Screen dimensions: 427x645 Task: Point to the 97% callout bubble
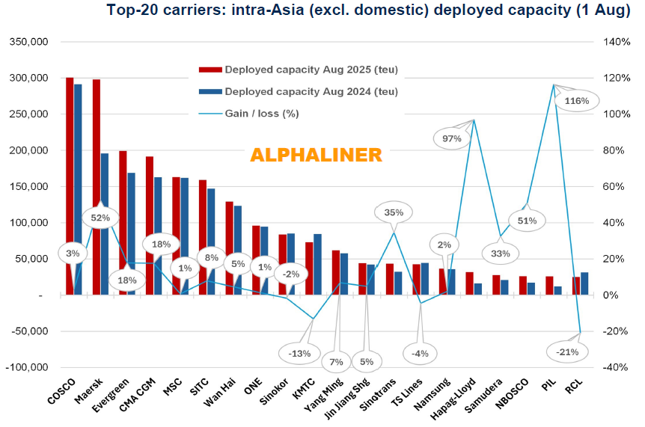click(451, 138)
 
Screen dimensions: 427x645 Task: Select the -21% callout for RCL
click(562, 351)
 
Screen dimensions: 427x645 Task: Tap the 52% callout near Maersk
click(100, 218)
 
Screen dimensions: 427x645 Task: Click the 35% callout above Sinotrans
click(394, 212)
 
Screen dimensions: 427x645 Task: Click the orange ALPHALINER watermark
click(316, 155)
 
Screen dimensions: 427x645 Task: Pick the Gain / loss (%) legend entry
click(260, 114)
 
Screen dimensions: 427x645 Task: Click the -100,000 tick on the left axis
click(28, 368)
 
